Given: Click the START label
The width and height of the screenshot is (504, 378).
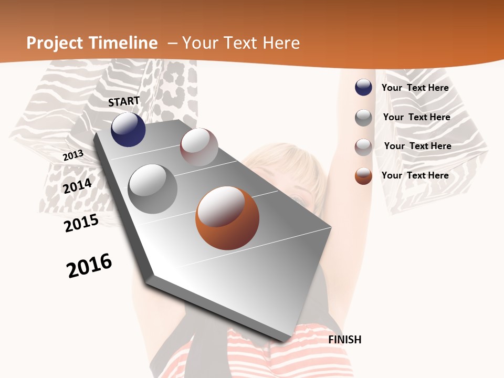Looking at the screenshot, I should (124, 101).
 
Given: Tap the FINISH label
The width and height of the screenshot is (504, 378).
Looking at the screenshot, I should (345, 340).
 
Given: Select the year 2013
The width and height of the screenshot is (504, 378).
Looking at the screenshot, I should (73, 155).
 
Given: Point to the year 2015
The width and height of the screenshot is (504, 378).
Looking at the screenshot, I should (81, 223).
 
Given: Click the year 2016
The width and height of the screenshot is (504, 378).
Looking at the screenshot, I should (89, 266).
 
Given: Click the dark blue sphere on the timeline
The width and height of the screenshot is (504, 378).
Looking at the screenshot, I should (128, 130).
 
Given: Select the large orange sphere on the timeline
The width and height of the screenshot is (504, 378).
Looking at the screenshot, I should (227, 218).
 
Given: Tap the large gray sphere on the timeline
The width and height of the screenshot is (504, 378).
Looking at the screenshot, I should (152, 188).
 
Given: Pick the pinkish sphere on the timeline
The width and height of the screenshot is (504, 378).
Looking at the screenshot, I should (199, 147).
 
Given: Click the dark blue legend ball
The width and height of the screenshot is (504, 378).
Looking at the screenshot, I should (363, 87).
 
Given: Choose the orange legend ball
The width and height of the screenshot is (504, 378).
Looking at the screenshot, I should (363, 176).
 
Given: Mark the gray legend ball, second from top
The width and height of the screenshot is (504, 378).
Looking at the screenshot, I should (363, 118).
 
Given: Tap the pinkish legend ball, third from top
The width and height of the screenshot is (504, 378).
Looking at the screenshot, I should (363, 147).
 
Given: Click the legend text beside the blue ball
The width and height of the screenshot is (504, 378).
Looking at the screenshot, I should (415, 88).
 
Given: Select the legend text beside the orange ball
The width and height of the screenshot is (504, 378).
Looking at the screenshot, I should (415, 175).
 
